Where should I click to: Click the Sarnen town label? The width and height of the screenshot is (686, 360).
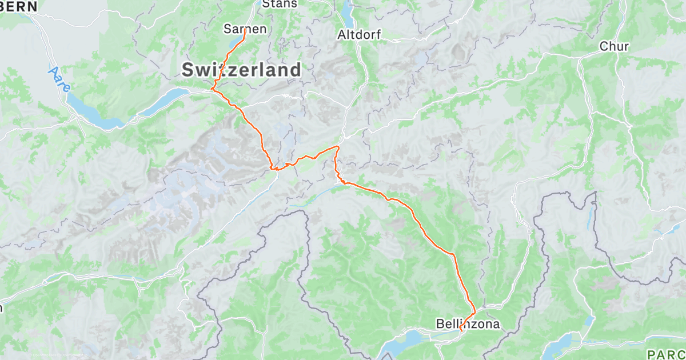(245, 29)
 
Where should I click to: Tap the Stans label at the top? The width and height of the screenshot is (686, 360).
(280, 4)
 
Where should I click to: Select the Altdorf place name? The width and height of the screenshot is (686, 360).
(359, 34)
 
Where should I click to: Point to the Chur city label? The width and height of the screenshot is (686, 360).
(614, 47)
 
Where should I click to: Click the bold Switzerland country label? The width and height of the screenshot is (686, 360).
(241, 70)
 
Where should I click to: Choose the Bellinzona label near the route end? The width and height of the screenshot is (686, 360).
(468, 325)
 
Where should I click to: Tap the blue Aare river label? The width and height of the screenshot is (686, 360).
(59, 80)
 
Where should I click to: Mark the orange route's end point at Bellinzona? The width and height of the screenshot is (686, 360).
(461, 330)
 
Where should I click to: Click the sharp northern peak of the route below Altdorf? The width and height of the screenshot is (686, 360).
(337, 147)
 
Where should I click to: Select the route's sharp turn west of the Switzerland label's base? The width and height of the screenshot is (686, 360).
(212, 89)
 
